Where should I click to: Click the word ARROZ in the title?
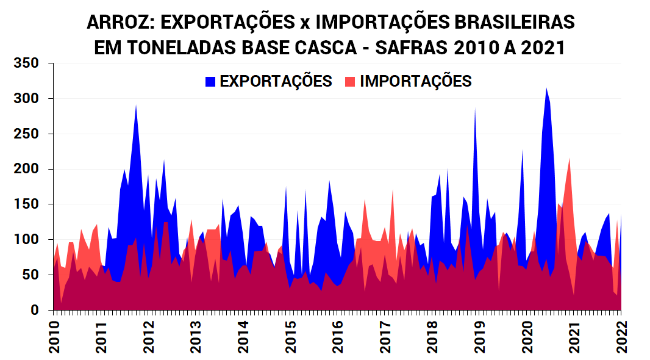[x=121, y=23]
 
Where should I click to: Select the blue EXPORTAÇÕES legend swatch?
[x=210, y=81]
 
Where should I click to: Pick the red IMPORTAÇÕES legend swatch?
[x=350, y=81]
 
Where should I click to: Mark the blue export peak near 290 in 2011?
[x=136, y=106]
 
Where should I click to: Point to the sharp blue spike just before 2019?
[x=475, y=110]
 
